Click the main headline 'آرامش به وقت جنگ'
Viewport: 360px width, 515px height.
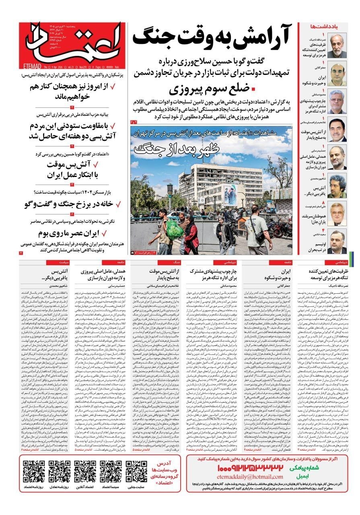(x=212, y=37)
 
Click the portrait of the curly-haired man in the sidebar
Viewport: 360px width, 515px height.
(x=338, y=186)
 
